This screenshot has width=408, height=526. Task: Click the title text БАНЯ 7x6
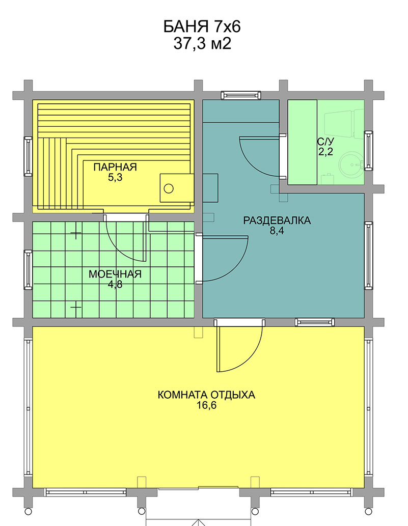click(x=202, y=27)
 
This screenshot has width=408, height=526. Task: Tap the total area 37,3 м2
click(x=202, y=44)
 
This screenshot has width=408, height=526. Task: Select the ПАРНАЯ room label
click(x=115, y=167)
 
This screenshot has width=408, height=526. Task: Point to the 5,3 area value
click(x=115, y=178)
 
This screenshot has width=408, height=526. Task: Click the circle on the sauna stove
click(x=169, y=188)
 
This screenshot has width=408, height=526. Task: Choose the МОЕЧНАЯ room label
click(x=115, y=274)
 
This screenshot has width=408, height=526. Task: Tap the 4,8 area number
click(x=115, y=285)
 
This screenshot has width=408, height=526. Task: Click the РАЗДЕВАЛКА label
click(x=277, y=220)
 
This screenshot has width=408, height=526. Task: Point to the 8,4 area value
click(x=277, y=231)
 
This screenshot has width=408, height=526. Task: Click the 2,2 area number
click(x=325, y=152)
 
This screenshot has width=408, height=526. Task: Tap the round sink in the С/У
click(x=351, y=164)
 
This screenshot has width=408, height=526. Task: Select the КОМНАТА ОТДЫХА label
click(x=206, y=395)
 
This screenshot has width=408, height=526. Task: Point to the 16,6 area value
click(x=206, y=405)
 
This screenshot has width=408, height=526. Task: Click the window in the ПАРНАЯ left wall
click(x=28, y=156)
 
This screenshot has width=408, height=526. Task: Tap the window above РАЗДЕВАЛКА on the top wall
click(x=241, y=95)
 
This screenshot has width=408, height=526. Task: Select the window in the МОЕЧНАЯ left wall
click(x=28, y=270)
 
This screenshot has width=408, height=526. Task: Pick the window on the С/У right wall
click(x=368, y=151)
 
